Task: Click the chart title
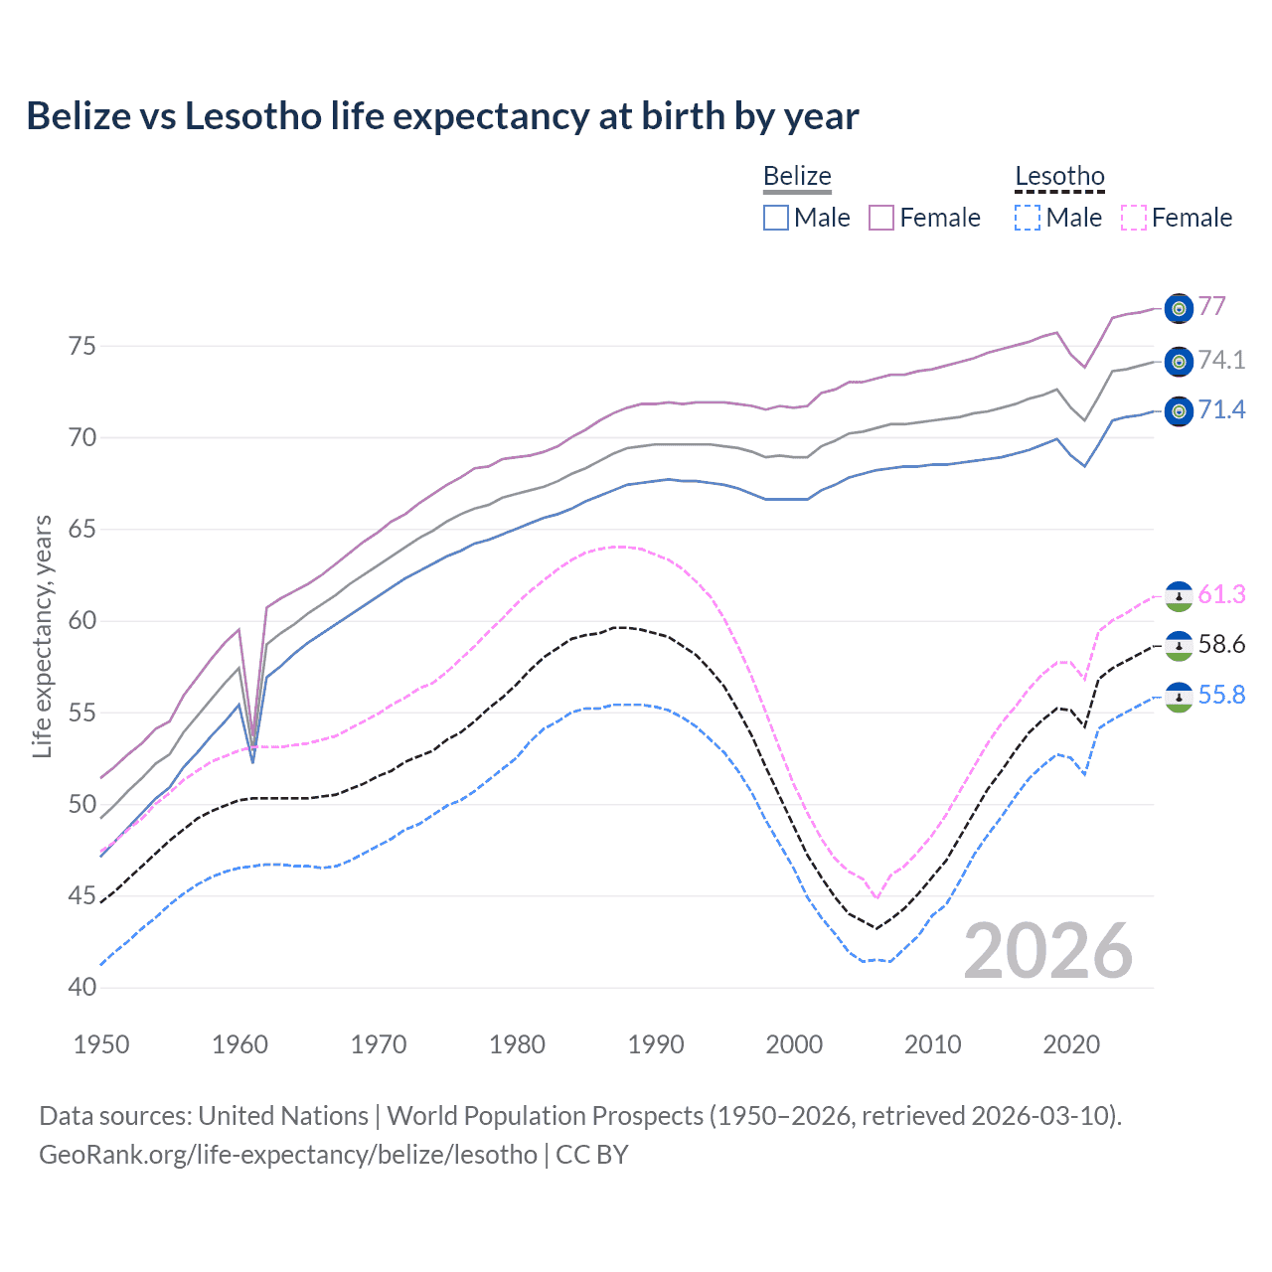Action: tap(442, 116)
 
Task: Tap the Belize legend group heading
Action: tap(797, 176)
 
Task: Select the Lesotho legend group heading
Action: tap(1059, 176)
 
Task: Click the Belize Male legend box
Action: tap(776, 218)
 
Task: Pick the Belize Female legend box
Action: tap(881, 218)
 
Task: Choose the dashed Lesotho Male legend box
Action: tap(1028, 218)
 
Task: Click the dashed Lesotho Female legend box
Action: tap(1134, 218)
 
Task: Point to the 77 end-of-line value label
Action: tap(1211, 306)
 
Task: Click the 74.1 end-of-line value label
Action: tap(1221, 360)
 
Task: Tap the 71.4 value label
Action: tap(1221, 409)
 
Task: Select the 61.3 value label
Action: tap(1221, 594)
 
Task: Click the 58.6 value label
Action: tap(1221, 644)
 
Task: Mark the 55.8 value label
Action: tap(1221, 695)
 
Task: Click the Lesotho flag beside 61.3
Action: tap(1179, 595)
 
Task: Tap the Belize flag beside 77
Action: tap(1179, 309)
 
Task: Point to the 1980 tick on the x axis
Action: tap(517, 1044)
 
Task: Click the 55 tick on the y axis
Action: tap(81, 713)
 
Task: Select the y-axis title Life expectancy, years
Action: tap(42, 636)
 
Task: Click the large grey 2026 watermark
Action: tap(1048, 951)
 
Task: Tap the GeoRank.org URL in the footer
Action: tap(288, 1155)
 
